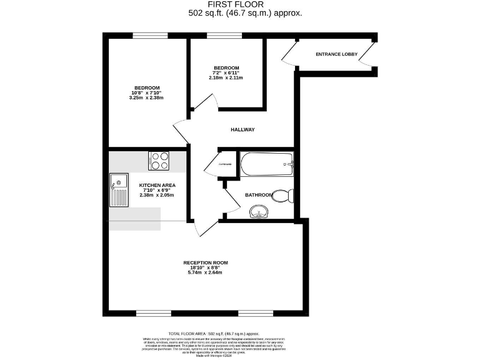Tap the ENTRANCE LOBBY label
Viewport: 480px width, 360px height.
tap(336, 54)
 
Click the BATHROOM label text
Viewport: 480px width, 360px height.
tap(258, 195)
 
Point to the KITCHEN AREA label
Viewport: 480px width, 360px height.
tap(157, 185)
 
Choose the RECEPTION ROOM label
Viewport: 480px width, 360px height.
tap(205, 262)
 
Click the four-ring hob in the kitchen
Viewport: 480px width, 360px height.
tap(158, 161)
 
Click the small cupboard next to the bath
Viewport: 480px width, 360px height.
tap(225, 164)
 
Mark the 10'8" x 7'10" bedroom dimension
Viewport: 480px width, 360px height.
tap(147, 92)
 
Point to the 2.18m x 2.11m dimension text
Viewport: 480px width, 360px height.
tap(226, 77)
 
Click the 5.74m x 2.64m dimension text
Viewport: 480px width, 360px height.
tap(205, 272)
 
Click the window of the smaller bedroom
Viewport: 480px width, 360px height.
tap(220, 36)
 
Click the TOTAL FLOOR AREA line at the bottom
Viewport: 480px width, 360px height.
tap(214, 334)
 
